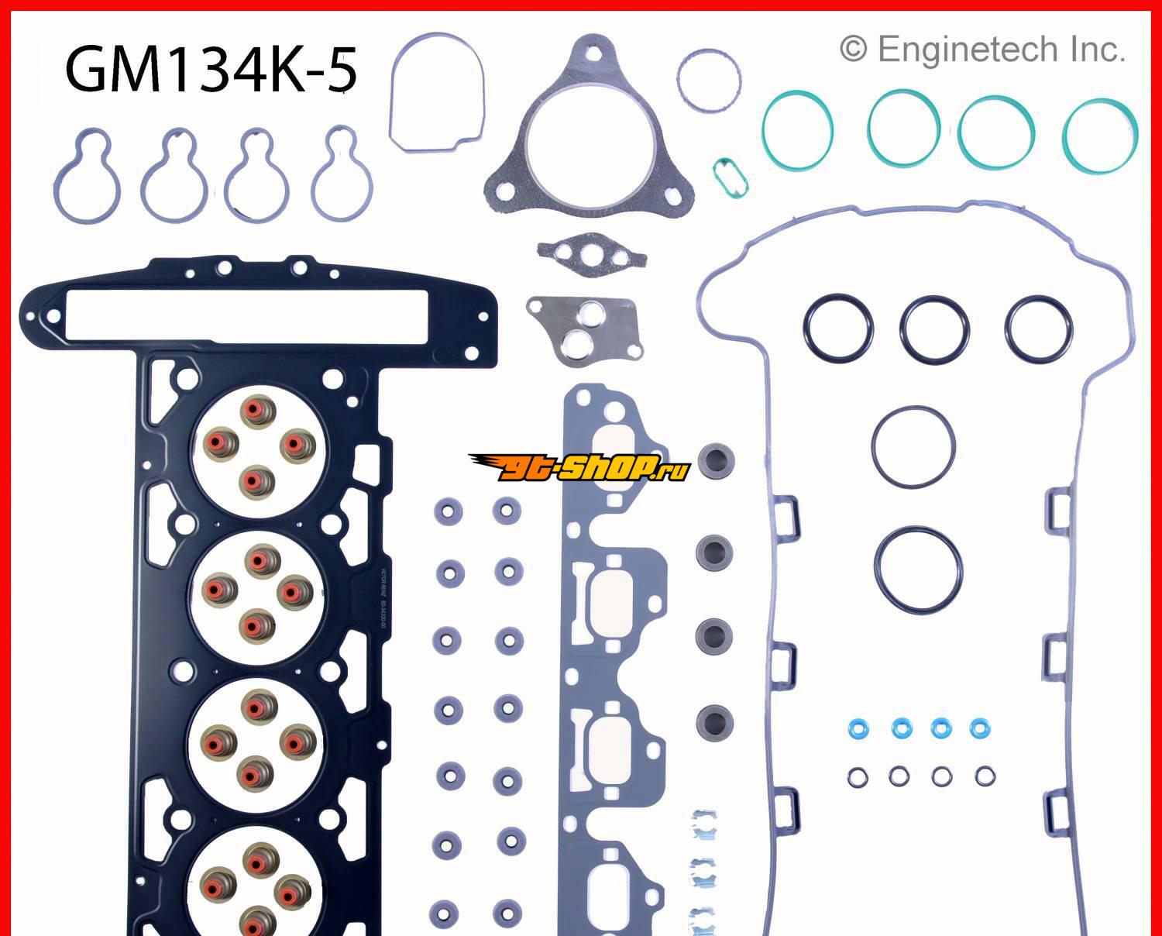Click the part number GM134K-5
(211, 70)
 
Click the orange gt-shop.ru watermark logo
(577, 466)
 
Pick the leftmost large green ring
(797, 129)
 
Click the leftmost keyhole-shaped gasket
(87, 175)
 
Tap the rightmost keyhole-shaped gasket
(342, 175)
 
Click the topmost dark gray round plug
(715, 462)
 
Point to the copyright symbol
(852, 50)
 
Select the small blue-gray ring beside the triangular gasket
(708, 80)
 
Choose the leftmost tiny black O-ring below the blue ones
(857, 776)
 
